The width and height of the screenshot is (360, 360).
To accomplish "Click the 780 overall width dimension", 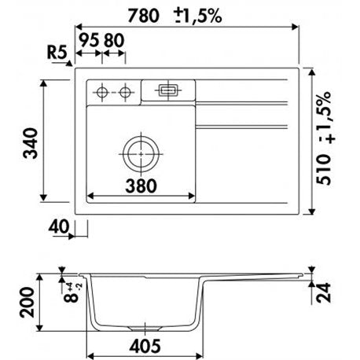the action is point(143,16).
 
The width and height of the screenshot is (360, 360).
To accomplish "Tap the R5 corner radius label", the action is point(57,52).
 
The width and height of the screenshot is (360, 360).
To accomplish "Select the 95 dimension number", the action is point(89,40).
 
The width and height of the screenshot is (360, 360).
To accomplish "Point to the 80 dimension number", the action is point(114,40).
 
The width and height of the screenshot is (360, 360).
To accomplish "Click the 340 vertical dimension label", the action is point(31,143).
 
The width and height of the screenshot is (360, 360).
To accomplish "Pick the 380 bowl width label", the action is point(141,186).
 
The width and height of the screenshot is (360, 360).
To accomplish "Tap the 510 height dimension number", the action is point(324,170).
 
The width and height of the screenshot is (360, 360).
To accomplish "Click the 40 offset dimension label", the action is point(59,226).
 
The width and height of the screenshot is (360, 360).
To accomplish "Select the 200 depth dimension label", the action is point(27,303).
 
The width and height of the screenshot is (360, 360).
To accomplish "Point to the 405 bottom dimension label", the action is point(145,346).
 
